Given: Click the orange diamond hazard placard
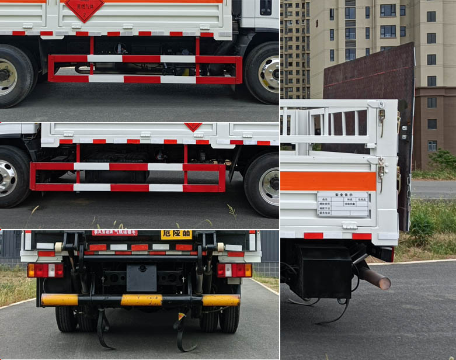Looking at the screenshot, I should point(84,8).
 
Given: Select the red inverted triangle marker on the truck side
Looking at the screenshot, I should point(193,126).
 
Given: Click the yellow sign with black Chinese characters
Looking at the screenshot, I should point(176,234).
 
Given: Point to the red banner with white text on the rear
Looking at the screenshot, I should point(114,233).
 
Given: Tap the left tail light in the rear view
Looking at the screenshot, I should point(46,270).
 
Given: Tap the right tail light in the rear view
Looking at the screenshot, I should point(234,270).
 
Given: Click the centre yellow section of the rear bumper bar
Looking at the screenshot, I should point(141,300).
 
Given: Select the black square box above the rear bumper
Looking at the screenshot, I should point(141,277).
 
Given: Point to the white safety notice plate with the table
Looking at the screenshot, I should point(343,204).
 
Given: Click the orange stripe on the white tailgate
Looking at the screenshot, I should point(328,181).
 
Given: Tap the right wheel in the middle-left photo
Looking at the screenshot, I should point(263,185).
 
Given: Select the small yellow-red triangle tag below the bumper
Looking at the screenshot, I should point(181,316).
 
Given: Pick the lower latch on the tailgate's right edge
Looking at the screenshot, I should point(381,170).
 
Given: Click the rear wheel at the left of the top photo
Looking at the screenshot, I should point(12,76).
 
